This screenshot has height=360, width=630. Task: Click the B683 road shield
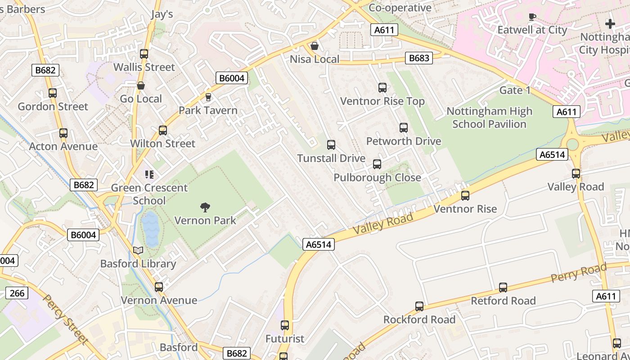point(418,58)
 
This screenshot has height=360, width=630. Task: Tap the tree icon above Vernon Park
point(205,207)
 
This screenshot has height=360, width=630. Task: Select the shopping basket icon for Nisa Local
point(315,46)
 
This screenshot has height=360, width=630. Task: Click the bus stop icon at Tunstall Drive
point(331,145)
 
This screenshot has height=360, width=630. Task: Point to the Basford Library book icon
point(139,251)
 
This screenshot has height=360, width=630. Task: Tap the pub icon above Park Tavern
point(208,97)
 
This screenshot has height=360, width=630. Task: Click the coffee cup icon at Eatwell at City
point(532,17)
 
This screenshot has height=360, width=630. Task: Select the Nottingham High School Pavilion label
point(489,117)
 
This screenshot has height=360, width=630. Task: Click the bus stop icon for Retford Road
point(503,288)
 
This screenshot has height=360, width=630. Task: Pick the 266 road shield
point(17,293)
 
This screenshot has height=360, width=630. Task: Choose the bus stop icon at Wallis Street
point(144,54)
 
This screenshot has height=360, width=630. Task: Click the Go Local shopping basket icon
point(141,85)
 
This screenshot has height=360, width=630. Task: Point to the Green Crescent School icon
point(149,175)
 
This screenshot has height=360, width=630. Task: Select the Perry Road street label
point(579,272)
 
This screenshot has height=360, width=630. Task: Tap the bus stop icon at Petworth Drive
point(404,128)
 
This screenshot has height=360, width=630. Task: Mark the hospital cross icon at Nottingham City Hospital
point(610,23)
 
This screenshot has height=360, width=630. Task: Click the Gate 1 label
point(515,90)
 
